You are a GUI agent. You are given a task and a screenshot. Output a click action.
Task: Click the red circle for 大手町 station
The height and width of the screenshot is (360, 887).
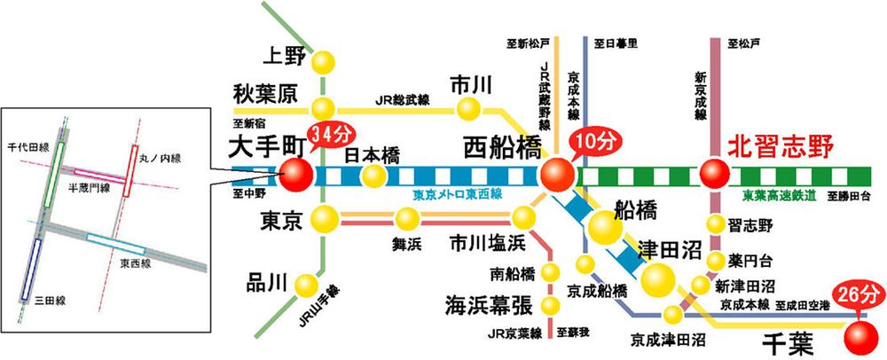pyautogui.click(x=295, y=174)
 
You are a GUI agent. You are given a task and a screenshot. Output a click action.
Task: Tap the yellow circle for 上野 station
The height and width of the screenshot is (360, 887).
pyautogui.click(x=325, y=61)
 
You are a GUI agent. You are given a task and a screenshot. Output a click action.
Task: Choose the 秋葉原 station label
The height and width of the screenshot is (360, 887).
pyautogui.click(x=265, y=94)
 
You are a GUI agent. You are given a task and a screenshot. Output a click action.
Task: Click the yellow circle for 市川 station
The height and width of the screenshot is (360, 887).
pyautogui.click(x=467, y=109)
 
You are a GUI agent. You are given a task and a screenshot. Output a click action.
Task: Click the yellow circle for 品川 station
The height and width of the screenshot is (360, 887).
pyautogui.click(x=307, y=284)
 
